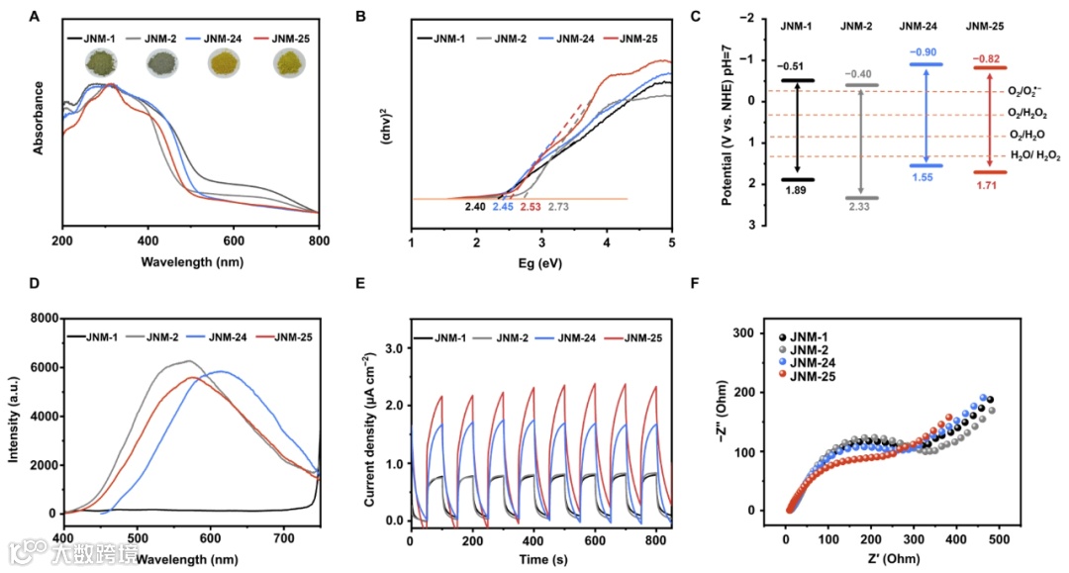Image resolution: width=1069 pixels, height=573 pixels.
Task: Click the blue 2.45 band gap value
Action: (x=503, y=207)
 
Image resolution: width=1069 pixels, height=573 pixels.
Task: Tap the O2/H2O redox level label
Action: (x=1026, y=134)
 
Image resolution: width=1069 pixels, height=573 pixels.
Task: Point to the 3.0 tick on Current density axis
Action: (x=392, y=349)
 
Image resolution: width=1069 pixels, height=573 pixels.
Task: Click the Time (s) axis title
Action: (x=539, y=558)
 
